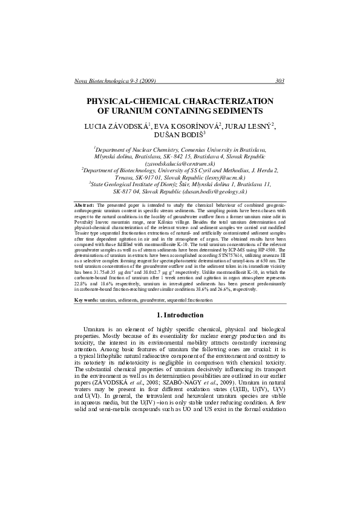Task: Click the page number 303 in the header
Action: click(x=280, y=80)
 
